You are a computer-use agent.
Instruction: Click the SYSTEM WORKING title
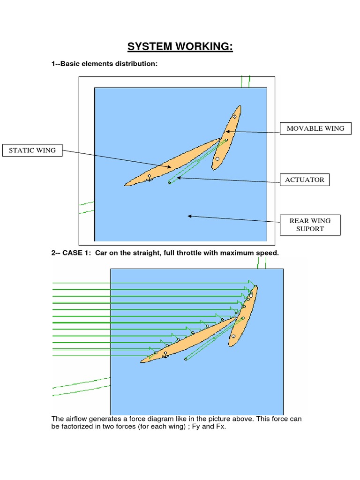pos(180,47)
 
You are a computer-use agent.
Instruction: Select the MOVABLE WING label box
pos(315,128)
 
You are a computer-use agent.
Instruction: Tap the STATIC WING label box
pos(32,150)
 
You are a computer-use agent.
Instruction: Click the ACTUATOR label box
pos(304,180)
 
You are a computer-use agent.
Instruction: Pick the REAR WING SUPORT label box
pos(309,225)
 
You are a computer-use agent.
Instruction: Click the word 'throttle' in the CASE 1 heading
pos(188,253)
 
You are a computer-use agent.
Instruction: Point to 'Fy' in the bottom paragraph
pos(204,427)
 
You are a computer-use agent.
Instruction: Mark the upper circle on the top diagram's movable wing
pos(234,116)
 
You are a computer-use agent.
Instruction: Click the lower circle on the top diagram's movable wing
pos(217,158)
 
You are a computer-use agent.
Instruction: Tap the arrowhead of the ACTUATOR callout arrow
pos(178,177)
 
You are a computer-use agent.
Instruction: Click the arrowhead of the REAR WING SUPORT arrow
pos(189,216)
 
